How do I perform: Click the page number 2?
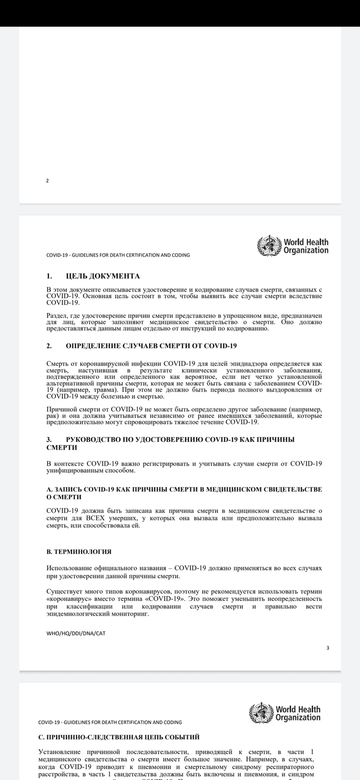click(47, 181)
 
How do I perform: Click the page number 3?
click(328, 648)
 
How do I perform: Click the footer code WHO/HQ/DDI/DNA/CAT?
click(76, 633)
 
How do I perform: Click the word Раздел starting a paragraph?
click(57, 314)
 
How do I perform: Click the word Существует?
click(68, 592)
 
